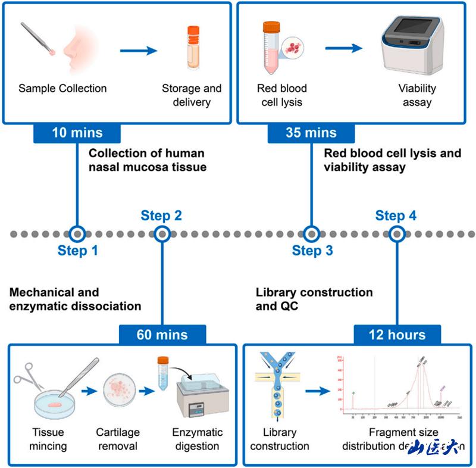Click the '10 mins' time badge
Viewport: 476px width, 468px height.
[x=77, y=132]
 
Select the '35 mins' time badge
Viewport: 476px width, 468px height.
[x=311, y=132]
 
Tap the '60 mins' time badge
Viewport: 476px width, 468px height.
[x=162, y=335]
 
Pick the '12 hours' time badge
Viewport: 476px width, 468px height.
[x=397, y=335]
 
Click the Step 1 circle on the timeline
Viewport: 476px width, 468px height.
[x=77, y=234]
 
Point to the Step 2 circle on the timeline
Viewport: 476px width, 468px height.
[x=162, y=234]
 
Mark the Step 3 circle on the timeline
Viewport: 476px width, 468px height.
[x=311, y=234]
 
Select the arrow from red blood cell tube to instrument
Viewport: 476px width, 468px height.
[x=343, y=48]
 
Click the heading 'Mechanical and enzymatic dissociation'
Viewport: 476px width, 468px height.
[x=76, y=299]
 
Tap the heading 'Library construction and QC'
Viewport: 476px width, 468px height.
[x=314, y=299]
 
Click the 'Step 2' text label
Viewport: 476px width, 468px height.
[x=161, y=215]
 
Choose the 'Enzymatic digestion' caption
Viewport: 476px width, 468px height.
[x=197, y=439]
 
